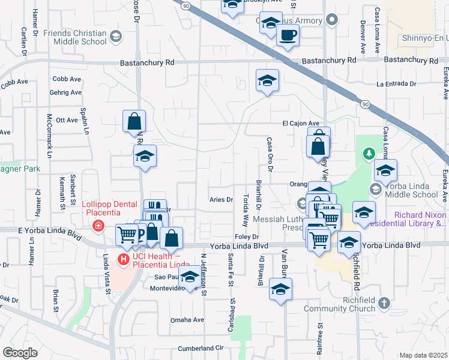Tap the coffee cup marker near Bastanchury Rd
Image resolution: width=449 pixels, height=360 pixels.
coord(287,35)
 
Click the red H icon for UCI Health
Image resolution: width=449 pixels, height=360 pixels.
coord(124,259)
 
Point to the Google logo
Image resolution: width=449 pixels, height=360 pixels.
coord(20,353)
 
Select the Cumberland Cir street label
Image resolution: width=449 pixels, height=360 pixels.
coord(200,348)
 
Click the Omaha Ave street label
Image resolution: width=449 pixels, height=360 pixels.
coord(187,320)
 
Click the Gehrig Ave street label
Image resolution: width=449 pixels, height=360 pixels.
coord(67,92)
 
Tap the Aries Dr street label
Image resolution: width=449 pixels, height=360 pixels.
coord(220,199)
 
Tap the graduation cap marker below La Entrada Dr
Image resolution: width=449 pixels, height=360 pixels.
coord(267,81)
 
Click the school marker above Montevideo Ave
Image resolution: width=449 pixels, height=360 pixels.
coord(190,277)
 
